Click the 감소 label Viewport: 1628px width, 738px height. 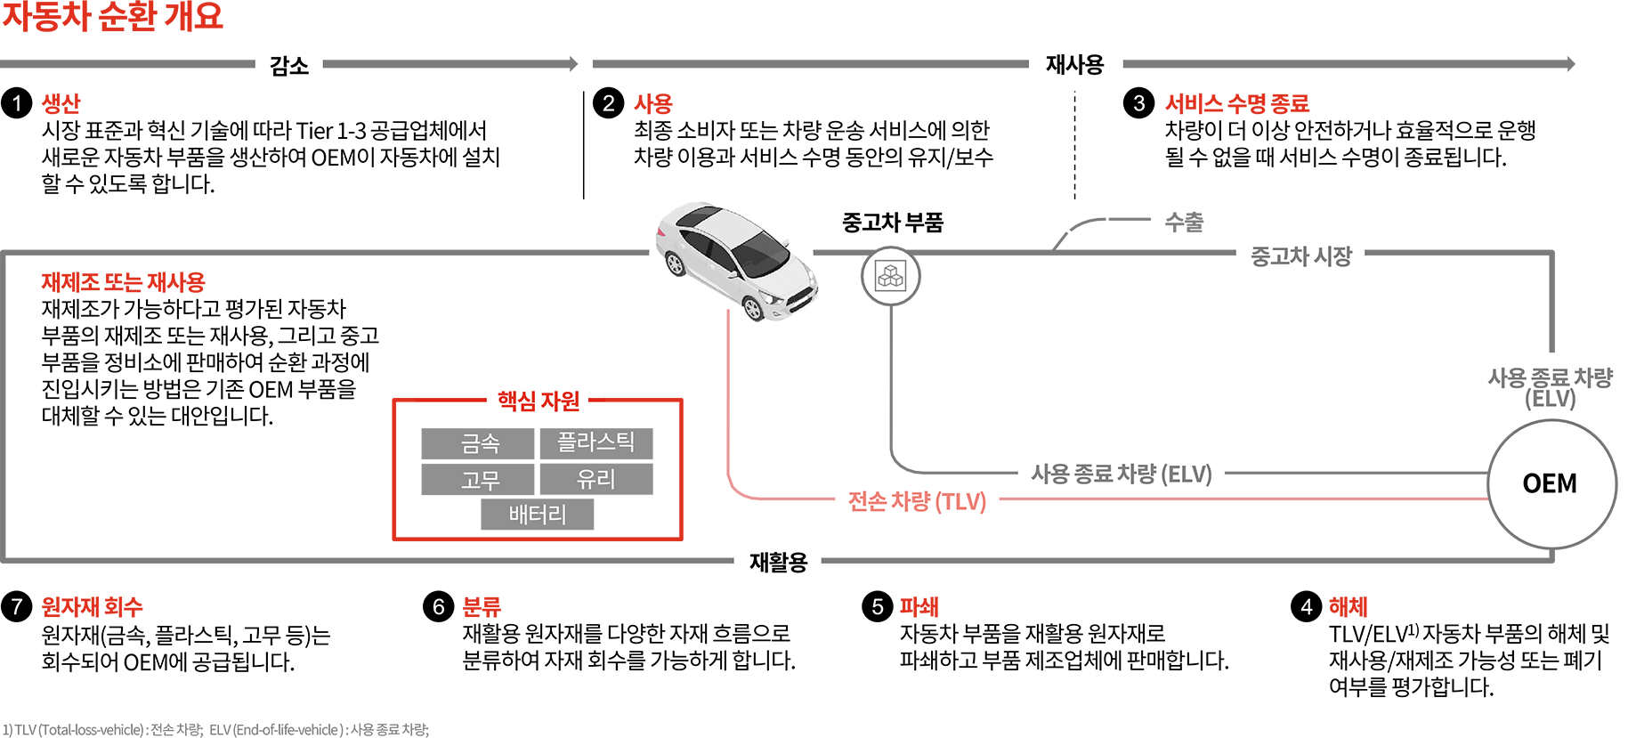click(289, 66)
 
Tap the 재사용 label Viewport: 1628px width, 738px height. click(1074, 65)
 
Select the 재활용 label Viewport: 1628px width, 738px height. click(778, 563)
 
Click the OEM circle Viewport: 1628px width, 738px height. click(1550, 483)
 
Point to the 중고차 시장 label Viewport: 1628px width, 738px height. click(1301, 256)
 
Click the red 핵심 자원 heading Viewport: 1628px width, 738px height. click(539, 401)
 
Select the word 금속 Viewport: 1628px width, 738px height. click(481, 443)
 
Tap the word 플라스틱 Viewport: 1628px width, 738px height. click(596, 442)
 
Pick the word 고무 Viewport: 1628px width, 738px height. click(481, 481)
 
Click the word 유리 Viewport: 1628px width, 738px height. click(596, 480)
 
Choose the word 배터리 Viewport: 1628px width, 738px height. click(538, 515)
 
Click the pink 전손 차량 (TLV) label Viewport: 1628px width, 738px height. click(917, 502)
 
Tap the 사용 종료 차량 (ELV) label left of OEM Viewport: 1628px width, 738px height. click(1122, 474)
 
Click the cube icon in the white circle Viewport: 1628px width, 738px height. click(890, 276)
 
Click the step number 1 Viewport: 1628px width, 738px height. click(17, 104)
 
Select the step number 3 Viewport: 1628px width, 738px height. click(1139, 104)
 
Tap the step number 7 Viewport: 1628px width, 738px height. click(17, 607)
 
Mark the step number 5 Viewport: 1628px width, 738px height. click(878, 607)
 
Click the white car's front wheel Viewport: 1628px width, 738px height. click(752, 308)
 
